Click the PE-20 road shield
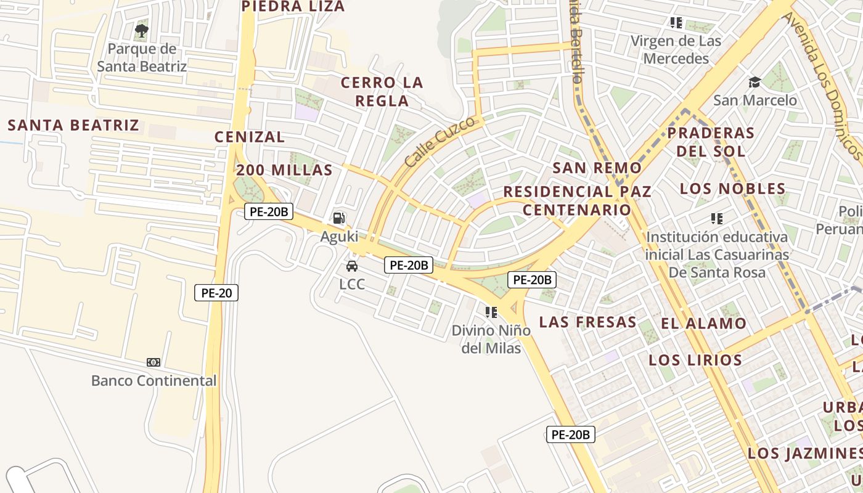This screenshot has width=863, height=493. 216,293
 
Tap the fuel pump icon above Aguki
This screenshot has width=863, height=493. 338,218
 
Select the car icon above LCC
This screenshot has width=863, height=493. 352,266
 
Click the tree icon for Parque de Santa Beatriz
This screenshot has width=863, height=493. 142,30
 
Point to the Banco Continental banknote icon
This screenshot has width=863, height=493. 153,362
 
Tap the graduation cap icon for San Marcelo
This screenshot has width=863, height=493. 755,82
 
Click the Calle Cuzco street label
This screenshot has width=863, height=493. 440,142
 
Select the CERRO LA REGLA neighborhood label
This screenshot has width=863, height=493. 382,91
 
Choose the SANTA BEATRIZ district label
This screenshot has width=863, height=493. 73,125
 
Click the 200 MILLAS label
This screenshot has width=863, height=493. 284,170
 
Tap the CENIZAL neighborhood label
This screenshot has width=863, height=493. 250,137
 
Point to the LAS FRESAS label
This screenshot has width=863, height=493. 587,322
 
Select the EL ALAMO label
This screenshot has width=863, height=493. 703,324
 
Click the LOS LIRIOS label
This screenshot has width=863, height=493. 695,360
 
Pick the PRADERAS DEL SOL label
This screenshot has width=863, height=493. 711,142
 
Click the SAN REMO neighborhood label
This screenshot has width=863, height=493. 597,168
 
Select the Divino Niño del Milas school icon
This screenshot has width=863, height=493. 491,312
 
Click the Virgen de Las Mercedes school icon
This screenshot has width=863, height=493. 676,23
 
